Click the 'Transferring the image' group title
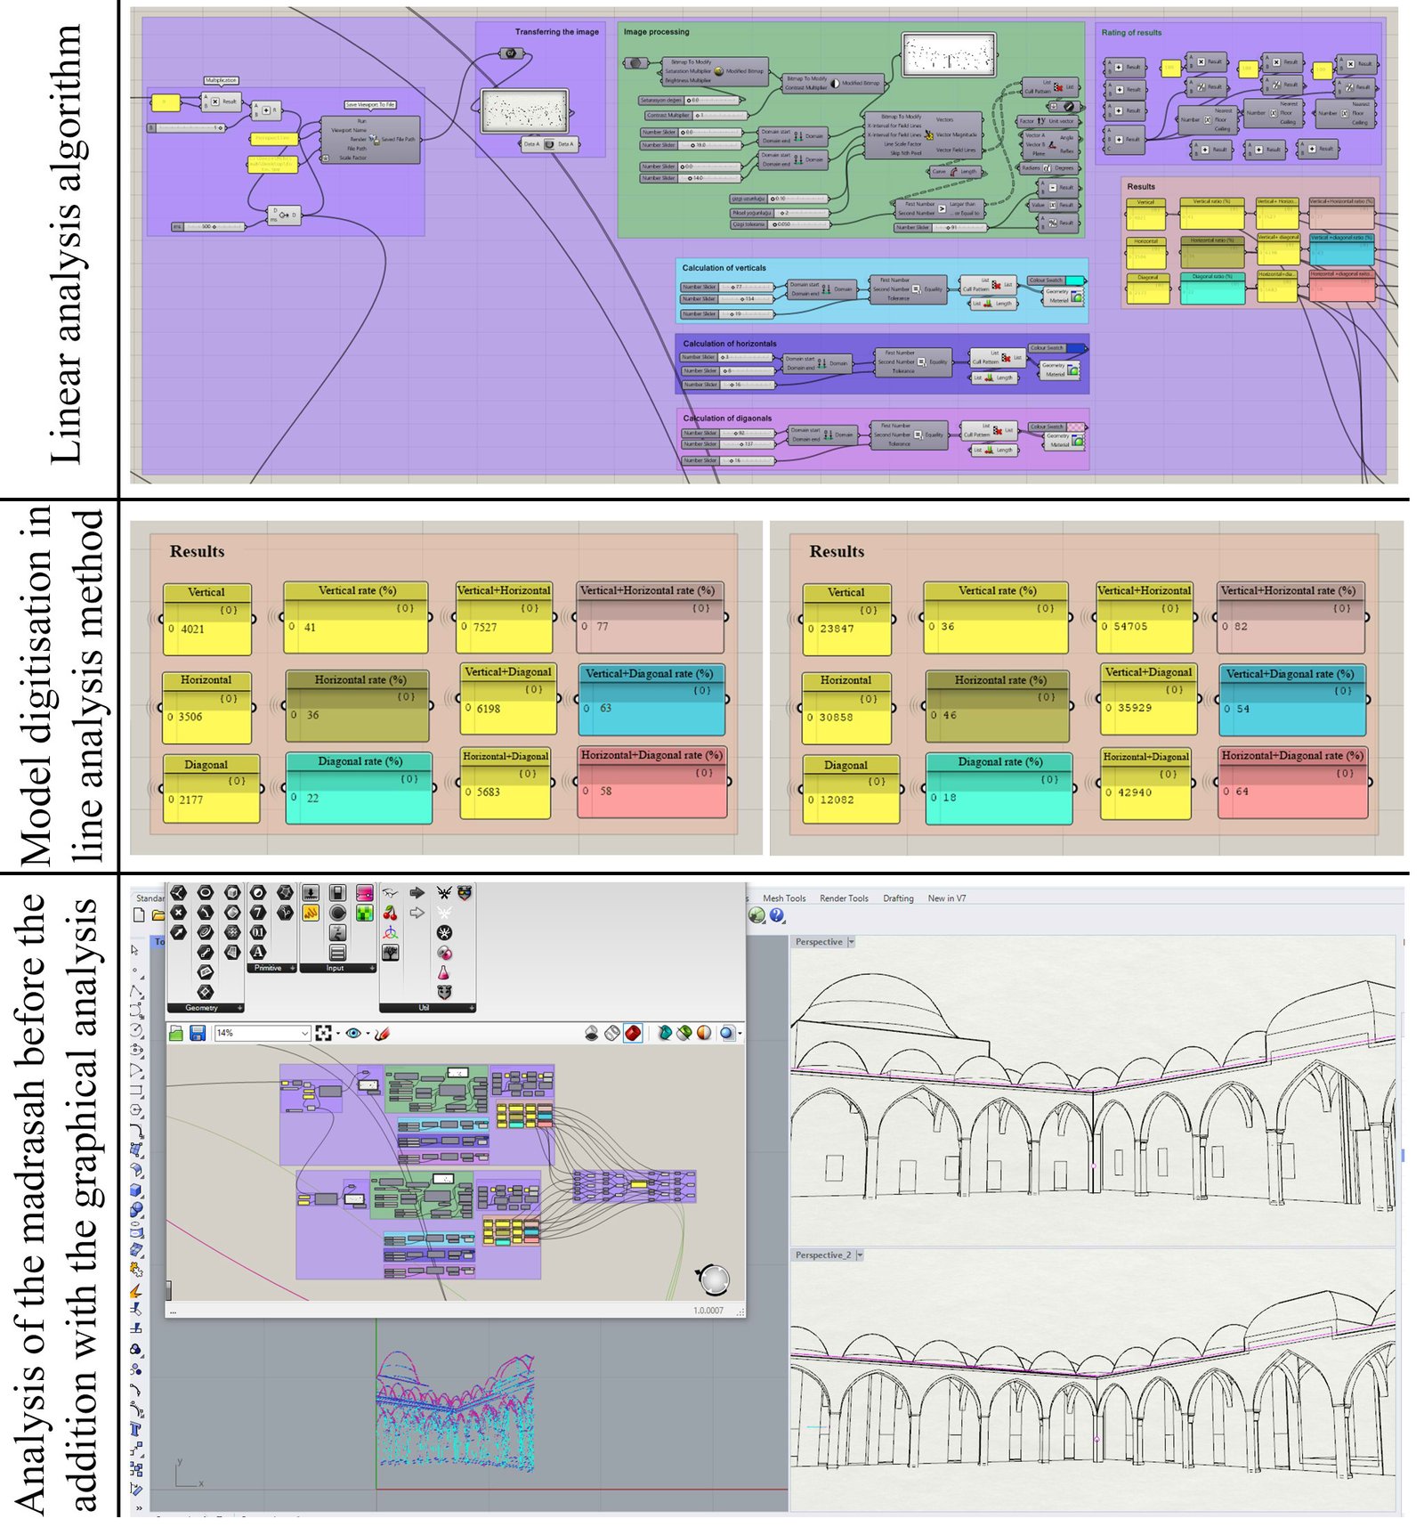[x=556, y=32]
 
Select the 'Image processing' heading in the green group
[x=656, y=32]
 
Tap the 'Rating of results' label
[x=1131, y=33]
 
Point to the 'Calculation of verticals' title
[x=724, y=268]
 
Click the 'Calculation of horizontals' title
[x=729, y=344]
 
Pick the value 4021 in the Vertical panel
[x=192, y=629]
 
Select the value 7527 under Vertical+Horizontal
[x=485, y=628]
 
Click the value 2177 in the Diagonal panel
[x=190, y=800]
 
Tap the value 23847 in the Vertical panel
[x=837, y=629]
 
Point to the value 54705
[x=1130, y=628]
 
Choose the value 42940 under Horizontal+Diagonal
[x=1134, y=793]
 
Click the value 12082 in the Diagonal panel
[x=837, y=800]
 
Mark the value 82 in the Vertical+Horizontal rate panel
[x=1241, y=628]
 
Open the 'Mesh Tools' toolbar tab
[x=784, y=898]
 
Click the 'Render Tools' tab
[x=844, y=898]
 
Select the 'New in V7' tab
[x=946, y=898]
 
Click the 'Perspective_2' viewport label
[x=822, y=1255]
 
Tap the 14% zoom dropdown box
[x=262, y=1033]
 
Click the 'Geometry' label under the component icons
[x=201, y=1008]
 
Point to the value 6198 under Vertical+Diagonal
[x=489, y=710]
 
